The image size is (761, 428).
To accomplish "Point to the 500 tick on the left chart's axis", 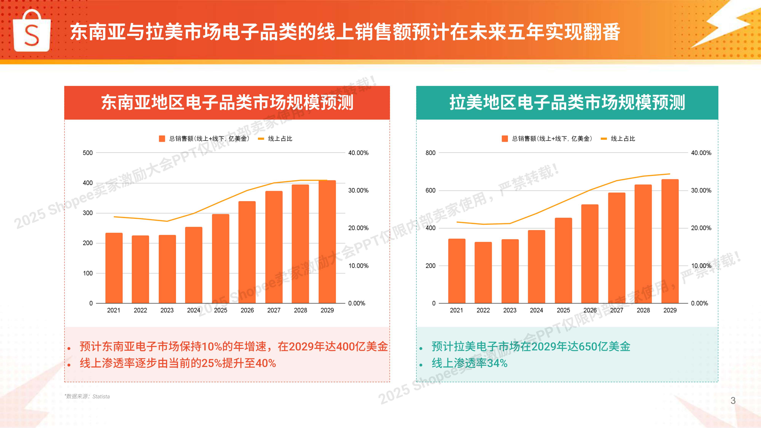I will [x=88, y=153].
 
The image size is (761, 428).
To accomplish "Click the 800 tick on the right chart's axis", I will [x=430, y=153].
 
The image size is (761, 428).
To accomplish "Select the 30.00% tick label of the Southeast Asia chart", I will [x=358, y=191].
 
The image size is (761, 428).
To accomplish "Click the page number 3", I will [x=733, y=401].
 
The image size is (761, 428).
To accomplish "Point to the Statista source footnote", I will [x=87, y=396].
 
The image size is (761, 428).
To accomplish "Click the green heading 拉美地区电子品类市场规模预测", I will [x=567, y=103].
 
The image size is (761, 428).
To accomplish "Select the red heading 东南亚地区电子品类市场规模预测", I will [x=227, y=103].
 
